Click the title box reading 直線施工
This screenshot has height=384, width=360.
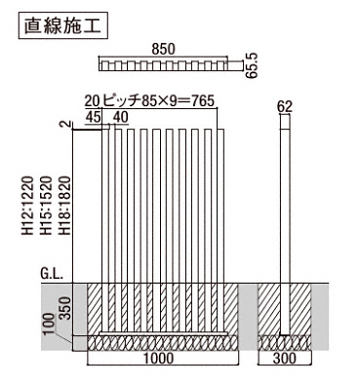point(63,25)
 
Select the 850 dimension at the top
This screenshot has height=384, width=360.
point(163,50)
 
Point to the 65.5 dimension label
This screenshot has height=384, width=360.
point(252,65)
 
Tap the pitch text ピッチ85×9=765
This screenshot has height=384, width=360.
point(158,101)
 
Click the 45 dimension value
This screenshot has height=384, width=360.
point(93,117)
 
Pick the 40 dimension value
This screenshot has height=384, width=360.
point(121,117)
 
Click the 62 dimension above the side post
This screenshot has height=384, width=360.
point(285,106)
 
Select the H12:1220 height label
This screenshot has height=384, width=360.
point(28,206)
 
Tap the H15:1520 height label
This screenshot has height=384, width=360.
point(46,206)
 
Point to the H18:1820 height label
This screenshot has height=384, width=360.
point(64,206)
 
